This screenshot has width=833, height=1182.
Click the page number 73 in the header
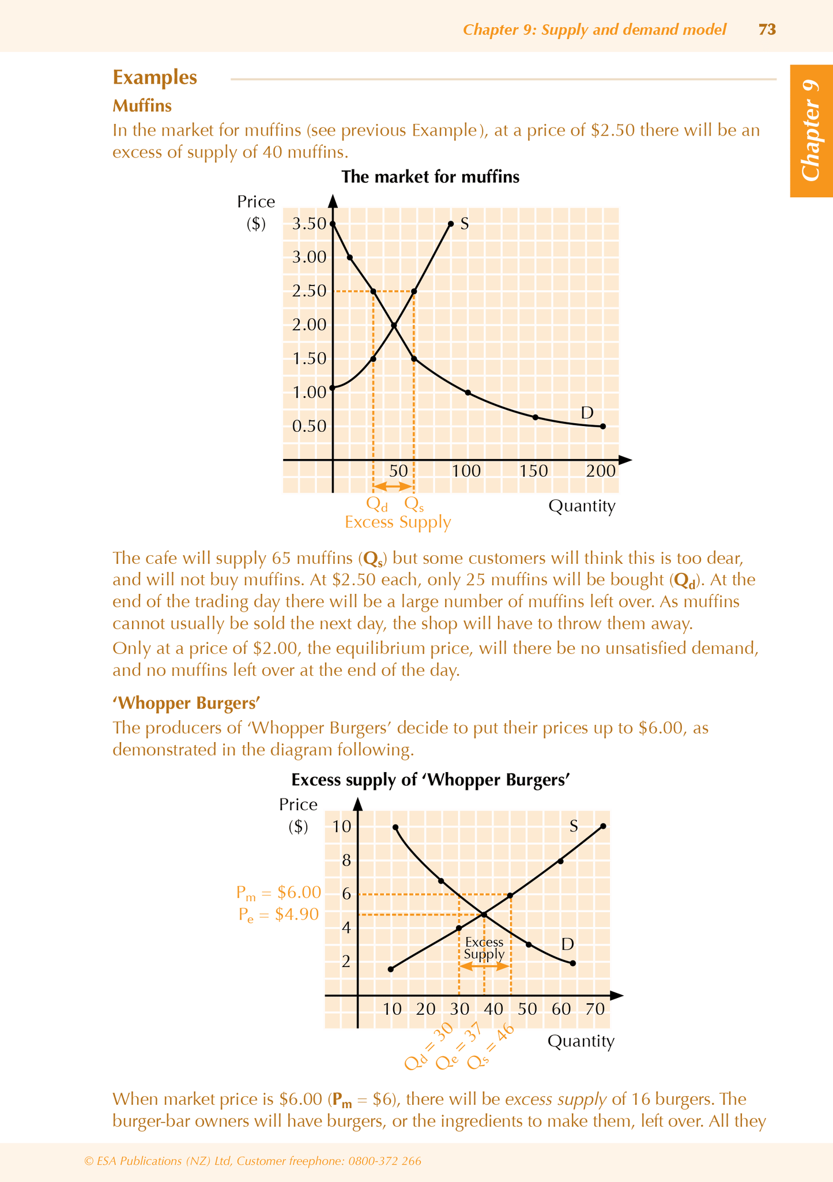pyautogui.click(x=767, y=29)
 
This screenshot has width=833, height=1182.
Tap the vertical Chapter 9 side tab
pyautogui.click(x=811, y=131)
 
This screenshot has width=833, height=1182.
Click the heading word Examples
pyautogui.click(x=154, y=77)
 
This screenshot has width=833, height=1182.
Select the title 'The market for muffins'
pyautogui.click(x=430, y=176)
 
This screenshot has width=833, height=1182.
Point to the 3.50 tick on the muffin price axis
pyautogui.click(x=310, y=224)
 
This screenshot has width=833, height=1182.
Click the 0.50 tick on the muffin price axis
pyautogui.click(x=310, y=427)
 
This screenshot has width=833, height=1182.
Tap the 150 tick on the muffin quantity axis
pyautogui.click(x=534, y=471)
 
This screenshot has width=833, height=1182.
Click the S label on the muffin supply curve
pyautogui.click(x=464, y=224)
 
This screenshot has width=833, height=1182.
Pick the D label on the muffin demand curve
pyautogui.click(x=587, y=413)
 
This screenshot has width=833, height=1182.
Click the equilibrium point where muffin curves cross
pyautogui.click(x=394, y=326)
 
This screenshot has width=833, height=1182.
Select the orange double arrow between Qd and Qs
pyautogui.click(x=393, y=486)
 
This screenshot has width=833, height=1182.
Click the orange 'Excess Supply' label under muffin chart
pyautogui.click(x=398, y=522)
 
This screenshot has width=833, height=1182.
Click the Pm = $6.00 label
pyautogui.click(x=278, y=893)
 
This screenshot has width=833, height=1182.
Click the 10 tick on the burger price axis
pyautogui.click(x=342, y=826)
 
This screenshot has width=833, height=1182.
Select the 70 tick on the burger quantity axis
pyautogui.click(x=595, y=1009)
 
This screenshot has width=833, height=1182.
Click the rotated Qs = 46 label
pyautogui.click(x=491, y=1055)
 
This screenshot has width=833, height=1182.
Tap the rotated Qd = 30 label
pyautogui.click(x=429, y=1055)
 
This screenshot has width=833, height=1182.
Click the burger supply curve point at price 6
pyautogui.click(x=510, y=895)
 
